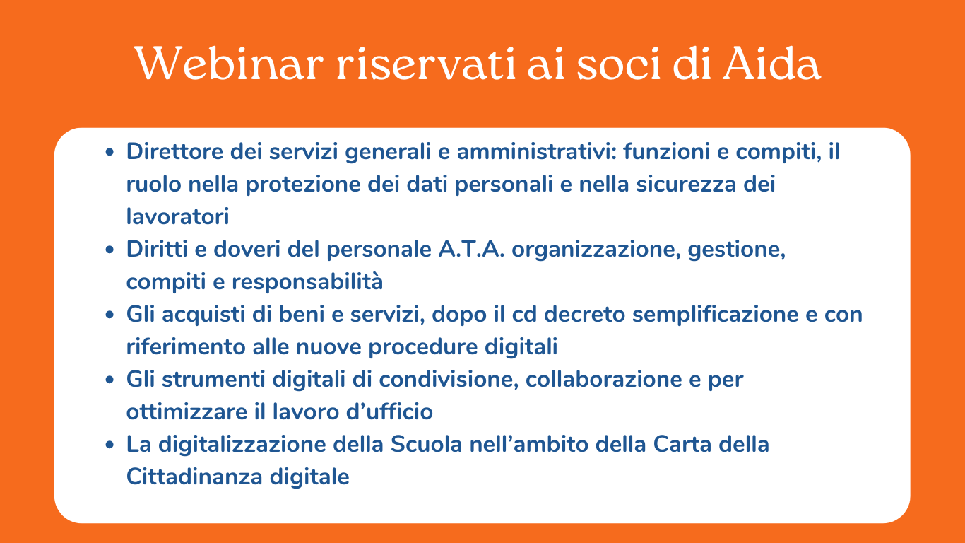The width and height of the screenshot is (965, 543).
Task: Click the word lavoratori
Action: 177,216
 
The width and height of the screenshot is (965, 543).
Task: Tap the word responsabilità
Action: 307,281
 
